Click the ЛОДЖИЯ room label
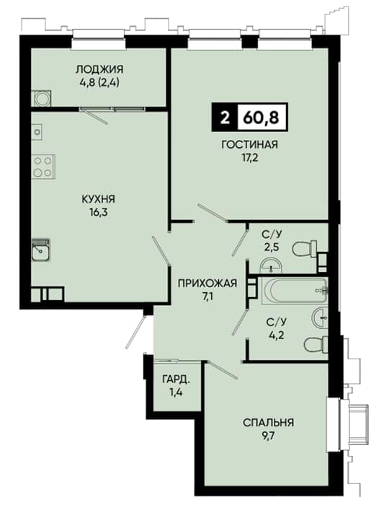(x=99, y=69)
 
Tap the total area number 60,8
(x=261, y=118)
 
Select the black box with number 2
(x=225, y=118)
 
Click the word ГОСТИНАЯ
(x=249, y=144)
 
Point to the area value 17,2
(x=249, y=159)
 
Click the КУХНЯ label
(x=99, y=199)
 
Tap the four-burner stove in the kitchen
(x=43, y=167)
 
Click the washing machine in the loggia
(x=42, y=98)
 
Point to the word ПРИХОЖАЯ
(x=207, y=283)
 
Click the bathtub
(x=294, y=291)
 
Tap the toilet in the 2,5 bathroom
(x=305, y=249)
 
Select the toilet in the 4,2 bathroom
(x=316, y=345)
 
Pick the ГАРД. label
(x=176, y=379)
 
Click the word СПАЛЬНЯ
(x=268, y=422)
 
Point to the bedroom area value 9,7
(x=268, y=436)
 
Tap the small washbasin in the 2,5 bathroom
(x=271, y=265)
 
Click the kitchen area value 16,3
(x=99, y=213)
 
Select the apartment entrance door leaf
(x=135, y=332)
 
